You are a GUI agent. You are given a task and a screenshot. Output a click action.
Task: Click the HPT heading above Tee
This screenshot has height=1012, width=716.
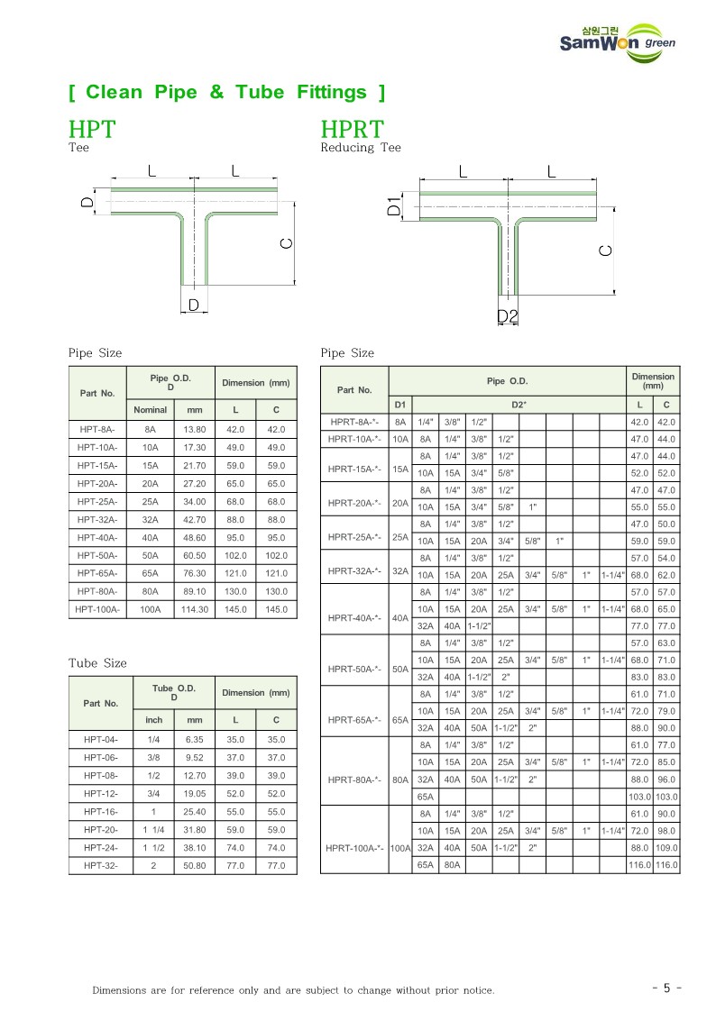tap(92, 130)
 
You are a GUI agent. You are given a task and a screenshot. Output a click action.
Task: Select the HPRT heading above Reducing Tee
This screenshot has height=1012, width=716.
tap(353, 130)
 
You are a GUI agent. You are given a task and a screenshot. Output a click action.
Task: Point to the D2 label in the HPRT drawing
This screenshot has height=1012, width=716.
tap(508, 316)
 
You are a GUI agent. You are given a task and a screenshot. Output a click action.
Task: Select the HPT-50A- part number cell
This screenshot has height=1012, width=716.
tap(97, 556)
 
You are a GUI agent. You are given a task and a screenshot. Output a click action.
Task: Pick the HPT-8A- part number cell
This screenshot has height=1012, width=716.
tap(97, 430)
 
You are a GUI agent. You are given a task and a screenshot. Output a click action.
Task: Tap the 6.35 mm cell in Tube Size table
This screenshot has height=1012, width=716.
tap(195, 740)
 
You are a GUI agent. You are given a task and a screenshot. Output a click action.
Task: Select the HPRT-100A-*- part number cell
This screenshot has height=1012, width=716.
tap(354, 848)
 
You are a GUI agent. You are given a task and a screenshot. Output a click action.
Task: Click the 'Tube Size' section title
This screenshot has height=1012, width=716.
tap(97, 663)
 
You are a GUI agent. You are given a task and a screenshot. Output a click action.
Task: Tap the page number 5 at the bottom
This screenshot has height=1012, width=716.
tap(666, 988)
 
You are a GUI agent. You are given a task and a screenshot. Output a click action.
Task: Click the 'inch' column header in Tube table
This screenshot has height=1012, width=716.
tap(154, 720)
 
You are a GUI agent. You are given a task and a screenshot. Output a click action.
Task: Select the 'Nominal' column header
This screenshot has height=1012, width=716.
tap(151, 410)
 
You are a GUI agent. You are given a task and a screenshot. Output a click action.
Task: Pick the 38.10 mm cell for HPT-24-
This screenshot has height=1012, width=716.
tap(195, 848)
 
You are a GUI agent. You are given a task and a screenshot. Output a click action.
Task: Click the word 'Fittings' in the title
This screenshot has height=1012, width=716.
tap(332, 92)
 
